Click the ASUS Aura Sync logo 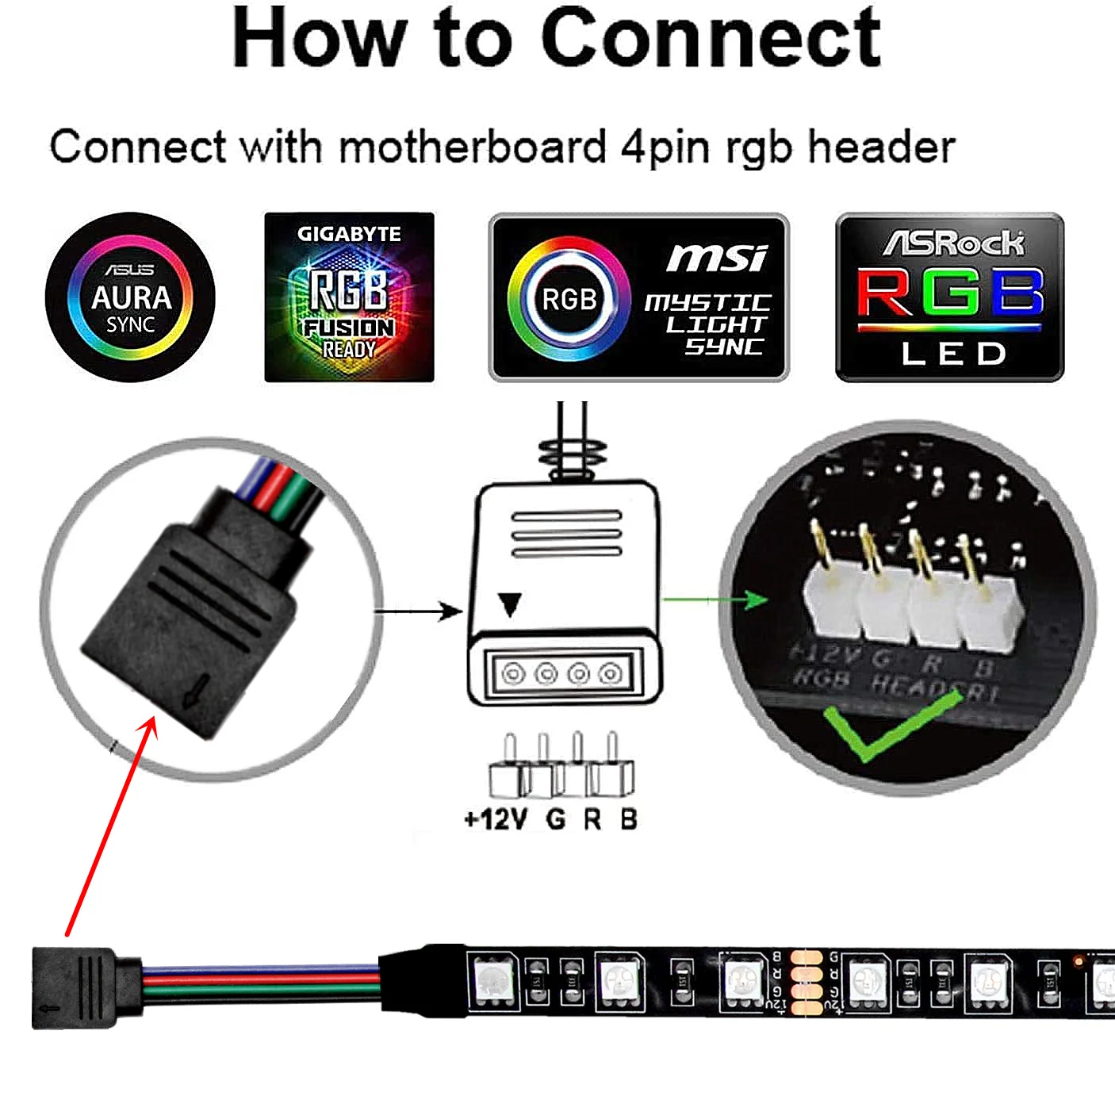130,297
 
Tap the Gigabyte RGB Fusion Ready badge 349,297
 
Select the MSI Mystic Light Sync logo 638,297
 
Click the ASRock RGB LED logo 949,297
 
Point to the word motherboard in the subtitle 473,148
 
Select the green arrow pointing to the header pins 714,600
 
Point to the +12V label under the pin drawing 496,818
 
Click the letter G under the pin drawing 556,818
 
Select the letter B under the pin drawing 628,818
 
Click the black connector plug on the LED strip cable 75,987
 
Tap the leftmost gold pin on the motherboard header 822,547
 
